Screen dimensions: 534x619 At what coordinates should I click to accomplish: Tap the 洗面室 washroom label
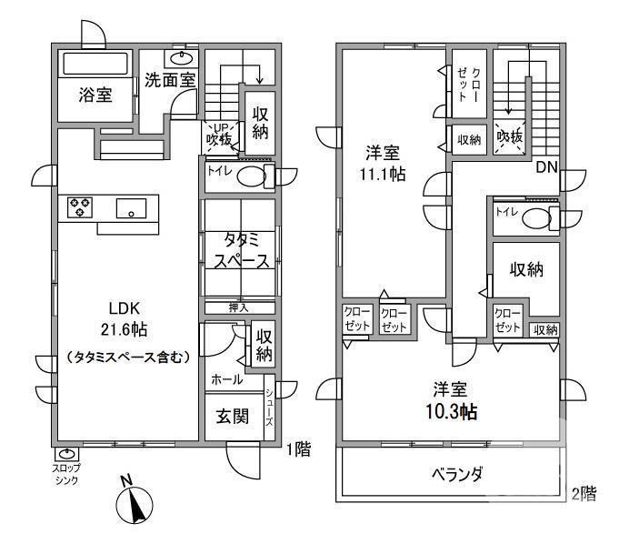click(170, 79)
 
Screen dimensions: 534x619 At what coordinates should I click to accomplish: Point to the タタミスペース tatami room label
click(241, 250)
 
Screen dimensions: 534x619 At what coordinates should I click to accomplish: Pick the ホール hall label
click(226, 379)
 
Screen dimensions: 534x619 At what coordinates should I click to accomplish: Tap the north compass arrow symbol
click(135, 502)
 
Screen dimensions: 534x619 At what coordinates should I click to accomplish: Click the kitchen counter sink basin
click(132, 208)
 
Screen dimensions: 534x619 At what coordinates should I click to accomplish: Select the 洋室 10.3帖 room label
click(449, 399)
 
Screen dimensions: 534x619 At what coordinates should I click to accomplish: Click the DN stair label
click(545, 166)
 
